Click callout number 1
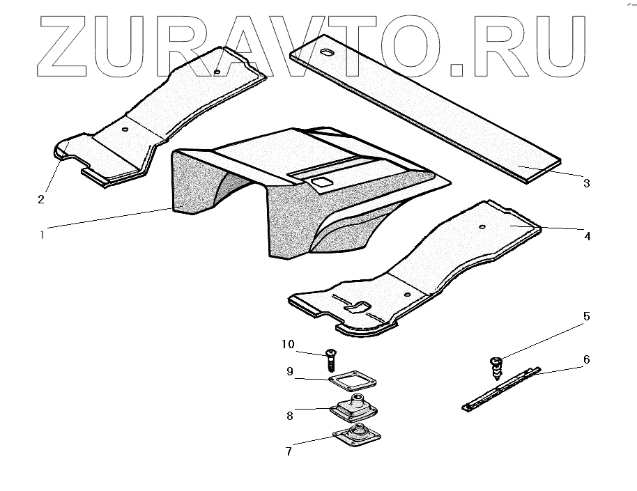43,235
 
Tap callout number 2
41,199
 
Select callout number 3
586,183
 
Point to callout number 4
588,236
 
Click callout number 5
586,316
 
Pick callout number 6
586,359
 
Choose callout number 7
289,451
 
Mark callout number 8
289,416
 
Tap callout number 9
289,372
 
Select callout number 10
289,344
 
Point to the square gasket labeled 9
352,380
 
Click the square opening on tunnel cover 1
321,182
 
